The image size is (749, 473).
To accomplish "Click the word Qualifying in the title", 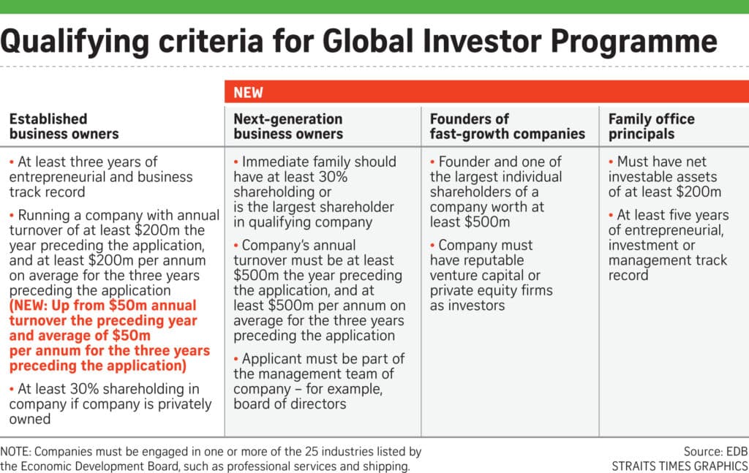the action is (x=75, y=42).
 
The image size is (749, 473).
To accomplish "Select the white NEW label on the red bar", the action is (x=249, y=92).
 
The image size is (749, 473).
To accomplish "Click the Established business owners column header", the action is (x=64, y=126).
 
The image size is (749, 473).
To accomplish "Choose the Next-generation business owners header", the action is (x=288, y=126).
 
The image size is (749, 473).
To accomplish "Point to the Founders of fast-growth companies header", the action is (x=508, y=126).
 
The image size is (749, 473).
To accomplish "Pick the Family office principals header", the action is (x=652, y=126).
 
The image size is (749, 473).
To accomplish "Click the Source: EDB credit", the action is (x=715, y=451).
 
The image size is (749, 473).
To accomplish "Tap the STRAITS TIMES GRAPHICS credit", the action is (x=680, y=466).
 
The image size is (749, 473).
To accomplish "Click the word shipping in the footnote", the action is (x=385, y=466).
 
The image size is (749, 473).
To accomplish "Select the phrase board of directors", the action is (x=290, y=404).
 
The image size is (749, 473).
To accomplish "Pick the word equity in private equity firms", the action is (x=496, y=291).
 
